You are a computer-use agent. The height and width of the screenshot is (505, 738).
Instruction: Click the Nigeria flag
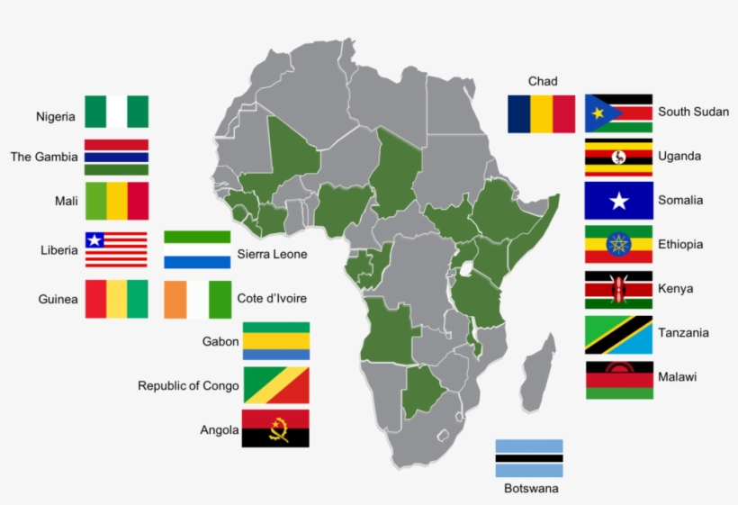117,112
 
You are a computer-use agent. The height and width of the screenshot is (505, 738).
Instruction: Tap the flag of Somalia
618,201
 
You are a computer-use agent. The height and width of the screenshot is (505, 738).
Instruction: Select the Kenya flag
618,289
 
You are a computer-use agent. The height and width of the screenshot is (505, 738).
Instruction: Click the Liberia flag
117,250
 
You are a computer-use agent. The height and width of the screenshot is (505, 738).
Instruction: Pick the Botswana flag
529,458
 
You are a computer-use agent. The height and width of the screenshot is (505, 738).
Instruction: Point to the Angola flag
276,428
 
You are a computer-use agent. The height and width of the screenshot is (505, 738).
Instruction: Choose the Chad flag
541,113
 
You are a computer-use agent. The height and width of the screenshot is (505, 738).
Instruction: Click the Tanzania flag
618,334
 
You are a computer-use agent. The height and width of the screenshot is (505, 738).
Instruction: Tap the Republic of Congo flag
276,385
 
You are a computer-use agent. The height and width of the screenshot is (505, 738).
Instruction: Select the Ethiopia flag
618,245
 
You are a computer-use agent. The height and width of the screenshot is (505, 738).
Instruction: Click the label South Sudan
693,113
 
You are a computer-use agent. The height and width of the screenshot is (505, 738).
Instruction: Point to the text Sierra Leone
272,254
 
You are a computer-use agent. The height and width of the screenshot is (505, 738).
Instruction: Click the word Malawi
677,377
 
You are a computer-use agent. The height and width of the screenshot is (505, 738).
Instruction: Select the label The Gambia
44,157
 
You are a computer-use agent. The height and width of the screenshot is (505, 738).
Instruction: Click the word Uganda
679,157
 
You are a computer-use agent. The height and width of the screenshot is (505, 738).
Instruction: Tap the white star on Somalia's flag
618,202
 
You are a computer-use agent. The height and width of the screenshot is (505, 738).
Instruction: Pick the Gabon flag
276,341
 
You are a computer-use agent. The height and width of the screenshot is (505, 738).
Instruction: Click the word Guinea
58,299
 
